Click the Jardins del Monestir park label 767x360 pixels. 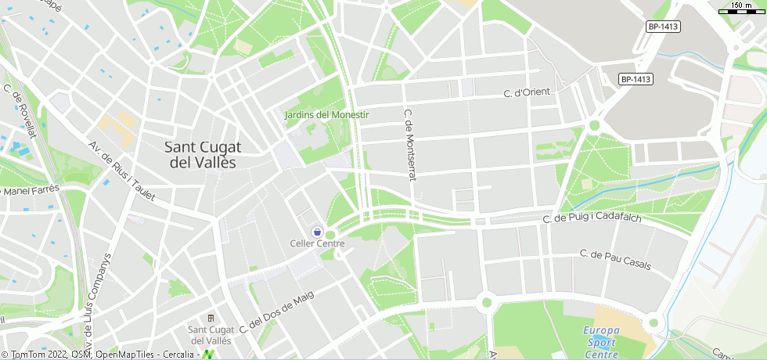(x=326, y=115)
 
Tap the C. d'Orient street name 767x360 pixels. (x=527, y=93)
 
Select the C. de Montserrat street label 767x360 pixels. (x=408, y=145)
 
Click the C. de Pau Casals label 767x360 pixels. (x=615, y=259)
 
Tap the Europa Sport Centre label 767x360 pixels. (x=601, y=343)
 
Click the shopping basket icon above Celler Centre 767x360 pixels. (x=317, y=232)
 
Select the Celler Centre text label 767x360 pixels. (x=317, y=244)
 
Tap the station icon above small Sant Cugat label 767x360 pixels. (x=210, y=318)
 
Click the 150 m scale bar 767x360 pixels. (x=741, y=10)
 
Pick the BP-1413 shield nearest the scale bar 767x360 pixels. (x=663, y=27)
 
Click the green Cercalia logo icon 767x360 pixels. (x=209, y=355)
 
